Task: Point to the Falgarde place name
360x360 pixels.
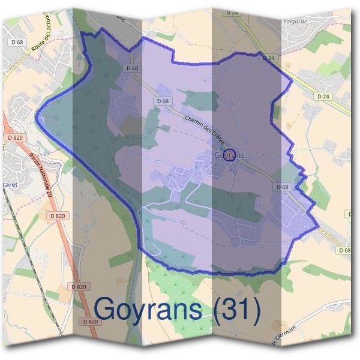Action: point(295,21)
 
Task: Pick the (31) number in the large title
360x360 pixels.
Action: point(238,310)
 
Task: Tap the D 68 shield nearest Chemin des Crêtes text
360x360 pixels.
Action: point(163,101)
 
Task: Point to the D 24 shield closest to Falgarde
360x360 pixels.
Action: point(268,58)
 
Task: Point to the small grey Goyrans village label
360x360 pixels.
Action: point(229,155)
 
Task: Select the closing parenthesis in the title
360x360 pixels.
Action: point(257,310)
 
